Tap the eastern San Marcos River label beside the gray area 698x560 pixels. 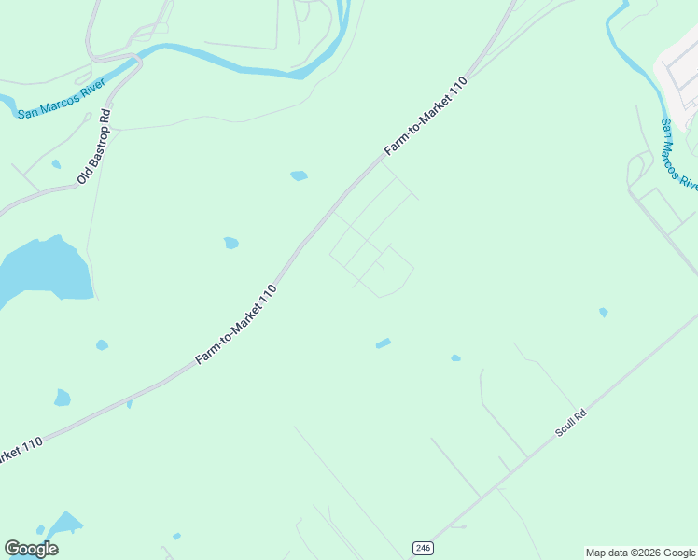[x=678, y=154]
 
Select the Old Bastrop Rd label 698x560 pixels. [x=94, y=146]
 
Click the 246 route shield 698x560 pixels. [x=423, y=548]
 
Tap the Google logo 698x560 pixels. [x=31, y=549]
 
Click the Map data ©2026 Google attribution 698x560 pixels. [x=640, y=553]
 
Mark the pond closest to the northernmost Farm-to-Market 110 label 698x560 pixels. [x=299, y=175]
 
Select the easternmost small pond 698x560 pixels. [x=604, y=312]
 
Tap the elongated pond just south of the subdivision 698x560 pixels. [x=383, y=343]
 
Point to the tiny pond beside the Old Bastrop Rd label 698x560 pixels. [x=56, y=164]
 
